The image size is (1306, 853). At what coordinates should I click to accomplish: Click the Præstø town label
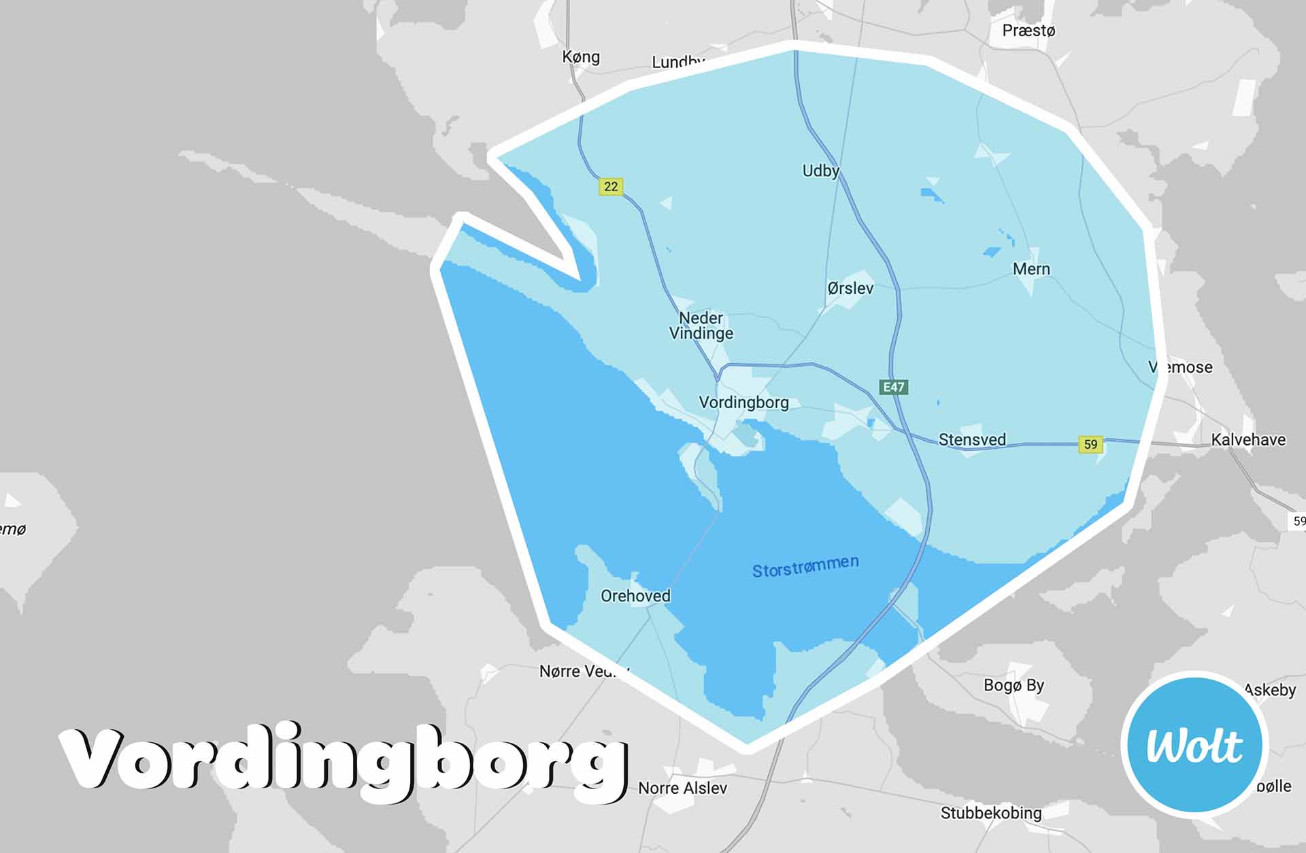point(1028,31)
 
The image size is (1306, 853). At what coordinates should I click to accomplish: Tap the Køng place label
point(581,56)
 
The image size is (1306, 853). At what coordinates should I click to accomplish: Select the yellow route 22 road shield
point(611,186)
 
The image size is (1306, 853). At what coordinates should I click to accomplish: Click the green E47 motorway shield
point(893,388)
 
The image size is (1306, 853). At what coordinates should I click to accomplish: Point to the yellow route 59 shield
point(1090,444)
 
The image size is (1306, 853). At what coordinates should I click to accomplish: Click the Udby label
point(820,171)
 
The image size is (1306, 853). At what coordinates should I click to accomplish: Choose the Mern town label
point(1031,269)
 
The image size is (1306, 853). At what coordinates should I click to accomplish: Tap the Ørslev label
point(850,288)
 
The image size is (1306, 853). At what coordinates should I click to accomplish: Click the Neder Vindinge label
point(701,326)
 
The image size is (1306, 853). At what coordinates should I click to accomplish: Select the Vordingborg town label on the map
point(743,403)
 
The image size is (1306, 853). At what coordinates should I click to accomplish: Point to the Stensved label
point(972,439)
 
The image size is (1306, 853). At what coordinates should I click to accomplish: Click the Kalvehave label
point(1248,439)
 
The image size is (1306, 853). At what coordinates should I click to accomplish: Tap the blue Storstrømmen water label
point(805,566)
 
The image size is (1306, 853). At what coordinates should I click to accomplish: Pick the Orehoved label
point(635,596)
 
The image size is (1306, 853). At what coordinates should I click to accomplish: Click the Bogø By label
point(1014,685)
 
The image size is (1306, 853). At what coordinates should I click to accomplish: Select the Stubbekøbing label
point(991,813)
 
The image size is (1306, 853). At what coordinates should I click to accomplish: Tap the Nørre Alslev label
point(682,788)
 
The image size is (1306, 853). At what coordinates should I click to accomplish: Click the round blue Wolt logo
point(1194,745)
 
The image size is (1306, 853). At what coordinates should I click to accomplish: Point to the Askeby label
point(1270,690)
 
